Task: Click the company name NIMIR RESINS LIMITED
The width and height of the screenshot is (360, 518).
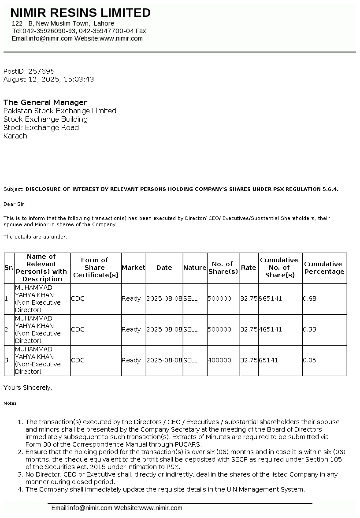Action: pyautogui.click(x=80, y=13)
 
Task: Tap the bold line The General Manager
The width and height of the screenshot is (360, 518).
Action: pyautogui.click(x=45, y=102)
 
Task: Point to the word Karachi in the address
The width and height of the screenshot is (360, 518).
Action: pyautogui.click(x=16, y=136)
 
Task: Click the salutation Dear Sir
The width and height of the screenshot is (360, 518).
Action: pyautogui.click(x=15, y=204)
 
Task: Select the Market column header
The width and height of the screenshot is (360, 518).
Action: pyautogui.click(x=133, y=268)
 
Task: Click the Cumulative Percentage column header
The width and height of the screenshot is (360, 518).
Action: pyautogui.click(x=324, y=268)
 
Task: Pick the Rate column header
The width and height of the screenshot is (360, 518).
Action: pyautogui.click(x=249, y=268)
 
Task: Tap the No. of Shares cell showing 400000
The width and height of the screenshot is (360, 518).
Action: pyautogui.click(x=219, y=360)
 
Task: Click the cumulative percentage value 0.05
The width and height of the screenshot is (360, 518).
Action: pyautogui.click(x=309, y=360)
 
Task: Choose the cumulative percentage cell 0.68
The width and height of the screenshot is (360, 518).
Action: pyautogui.click(x=309, y=298)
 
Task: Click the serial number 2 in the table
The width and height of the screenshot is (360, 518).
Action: pyautogui.click(x=7, y=329)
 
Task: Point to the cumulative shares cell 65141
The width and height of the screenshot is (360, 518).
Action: pyautogui.click(x=268, y=360)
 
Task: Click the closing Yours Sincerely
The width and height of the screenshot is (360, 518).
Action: pyautogui.click(x=27, y=388)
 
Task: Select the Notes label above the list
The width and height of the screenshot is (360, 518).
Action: pyautogui.click(x=10, y=403)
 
